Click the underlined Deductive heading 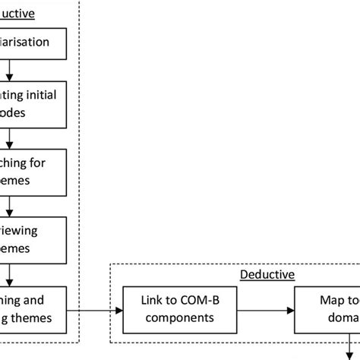[x=267, y=274]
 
